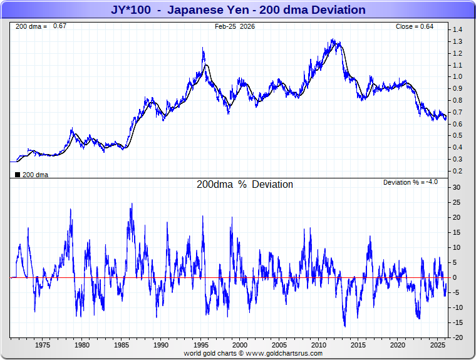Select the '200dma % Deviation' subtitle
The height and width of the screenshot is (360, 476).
(x=244, y=185)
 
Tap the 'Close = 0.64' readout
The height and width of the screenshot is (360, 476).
(x=414, y=26)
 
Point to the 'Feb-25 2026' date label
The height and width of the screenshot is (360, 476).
(x=234, y=26)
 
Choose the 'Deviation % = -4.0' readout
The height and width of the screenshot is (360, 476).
(x=410, y=182)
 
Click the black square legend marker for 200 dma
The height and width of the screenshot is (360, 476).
(x=17, y=175)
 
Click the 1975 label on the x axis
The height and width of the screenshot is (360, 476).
(x=43, y=345)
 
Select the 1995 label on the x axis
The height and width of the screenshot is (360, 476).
(x=200, y=345)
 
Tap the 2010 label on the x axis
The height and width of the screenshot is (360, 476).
(x=319, y=345)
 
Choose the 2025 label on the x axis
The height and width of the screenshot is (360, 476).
(x=437, y=345)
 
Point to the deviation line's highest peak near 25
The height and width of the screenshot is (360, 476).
(x=132, y=203)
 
